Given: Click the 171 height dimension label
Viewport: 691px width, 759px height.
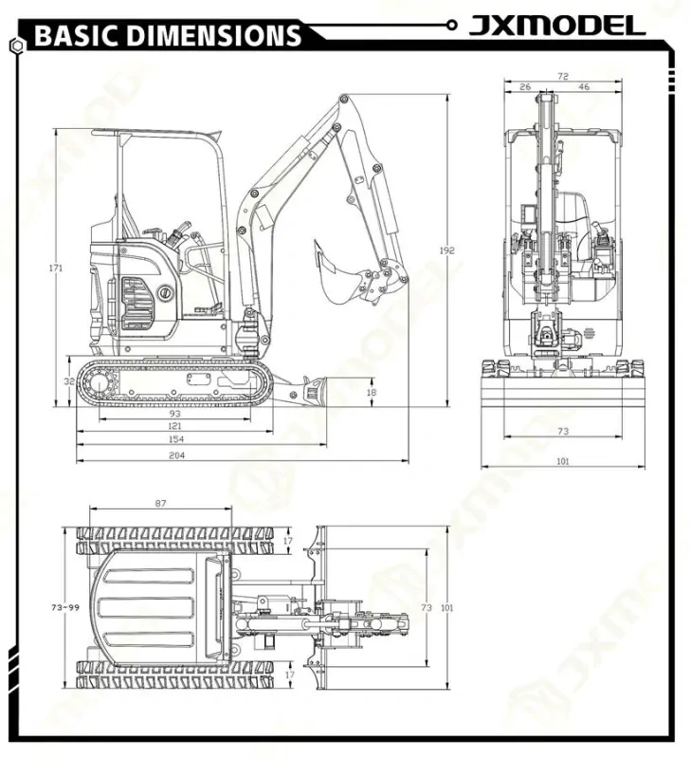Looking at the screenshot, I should (56, 268).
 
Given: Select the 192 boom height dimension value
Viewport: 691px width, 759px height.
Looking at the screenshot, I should (447, 250).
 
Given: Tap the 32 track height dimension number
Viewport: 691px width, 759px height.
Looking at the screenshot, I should (69, 381).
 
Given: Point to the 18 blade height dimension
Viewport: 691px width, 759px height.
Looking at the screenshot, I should (371, 391).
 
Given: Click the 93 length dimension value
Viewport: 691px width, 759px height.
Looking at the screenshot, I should (174, 414).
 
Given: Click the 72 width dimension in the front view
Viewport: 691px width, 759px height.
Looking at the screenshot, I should (563, 75).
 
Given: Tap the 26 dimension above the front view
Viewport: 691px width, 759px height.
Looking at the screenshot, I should (525, 87).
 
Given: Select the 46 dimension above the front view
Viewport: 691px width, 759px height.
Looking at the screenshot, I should (584, 87).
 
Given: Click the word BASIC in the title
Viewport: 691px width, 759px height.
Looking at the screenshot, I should (76, 36).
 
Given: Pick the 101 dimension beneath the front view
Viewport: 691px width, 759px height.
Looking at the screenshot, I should (563, 462).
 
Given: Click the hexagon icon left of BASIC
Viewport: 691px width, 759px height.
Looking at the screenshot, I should (16, 44).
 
